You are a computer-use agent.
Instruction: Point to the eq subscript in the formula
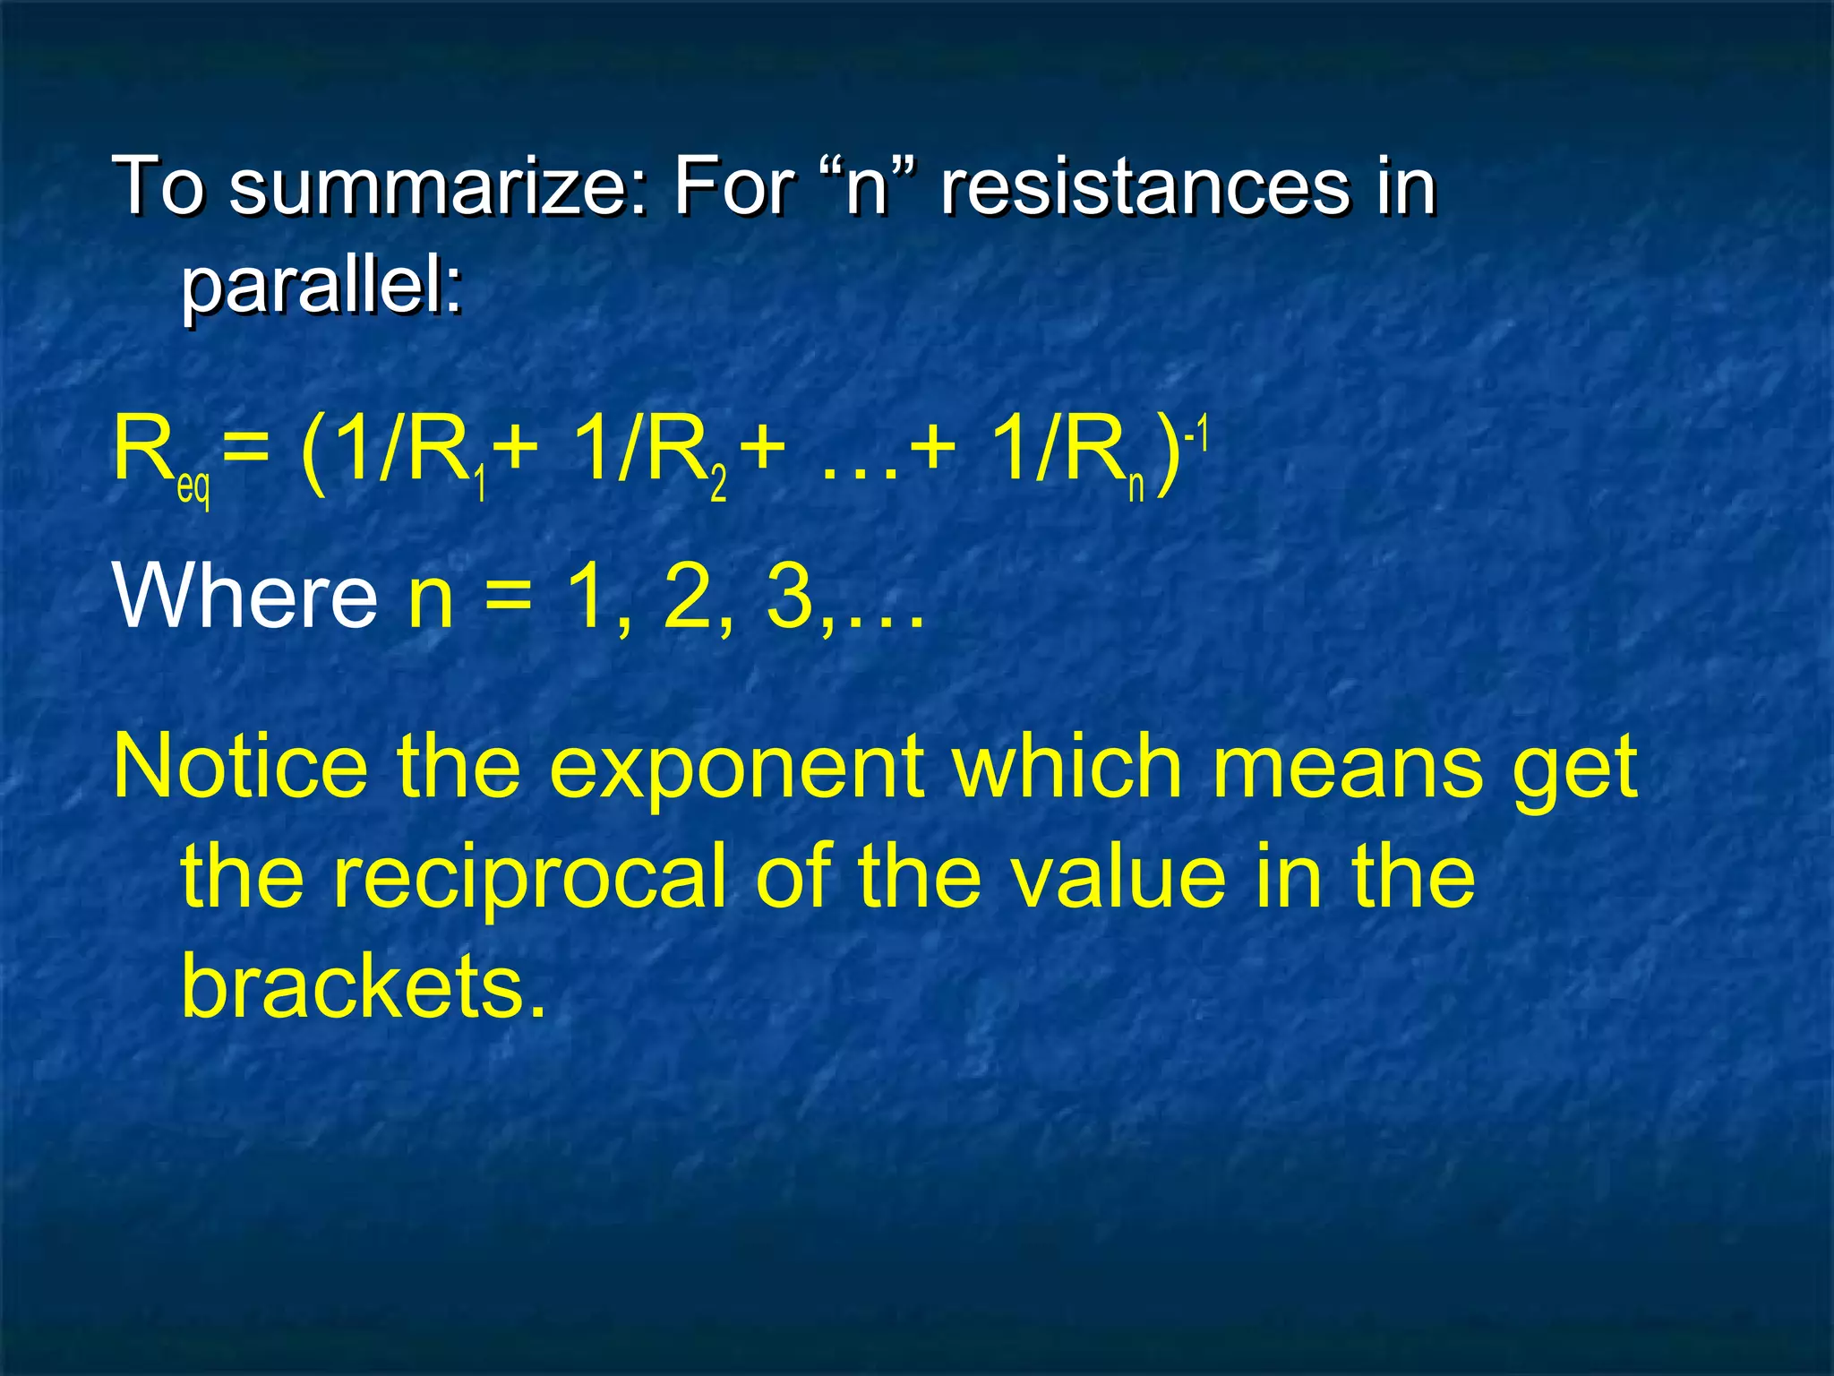(x=194, y=488)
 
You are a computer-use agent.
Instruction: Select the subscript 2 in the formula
(x=718, y=485)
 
